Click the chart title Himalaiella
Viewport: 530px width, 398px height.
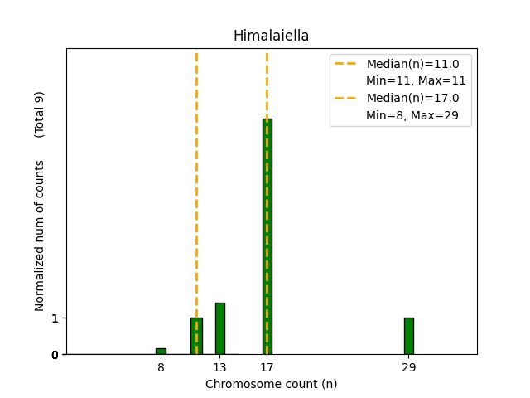coord(271,36)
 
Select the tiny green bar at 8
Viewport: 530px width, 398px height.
coord(161,352)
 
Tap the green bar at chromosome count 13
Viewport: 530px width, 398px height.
coord(220,328)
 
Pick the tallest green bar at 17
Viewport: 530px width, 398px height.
coord(267,236)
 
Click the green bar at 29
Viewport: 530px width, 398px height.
coord(408,336)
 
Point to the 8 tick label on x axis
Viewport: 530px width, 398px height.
coord(161,367)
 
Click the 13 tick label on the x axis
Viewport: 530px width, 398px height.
coord(219,367)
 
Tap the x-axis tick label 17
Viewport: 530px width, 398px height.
coord(267,367)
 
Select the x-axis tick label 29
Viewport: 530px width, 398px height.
coord(408,367)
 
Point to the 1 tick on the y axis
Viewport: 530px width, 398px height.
coord(55,318)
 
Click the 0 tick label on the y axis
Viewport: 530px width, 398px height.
coord(55,355)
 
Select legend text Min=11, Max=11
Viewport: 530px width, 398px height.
coord(416,80)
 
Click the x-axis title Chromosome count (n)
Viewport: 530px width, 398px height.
coord(271,384)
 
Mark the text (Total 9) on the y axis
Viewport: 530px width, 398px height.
coord(39,114)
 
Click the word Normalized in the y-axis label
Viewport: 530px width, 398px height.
coord(39,282)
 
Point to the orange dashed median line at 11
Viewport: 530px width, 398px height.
coord(196,166)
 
